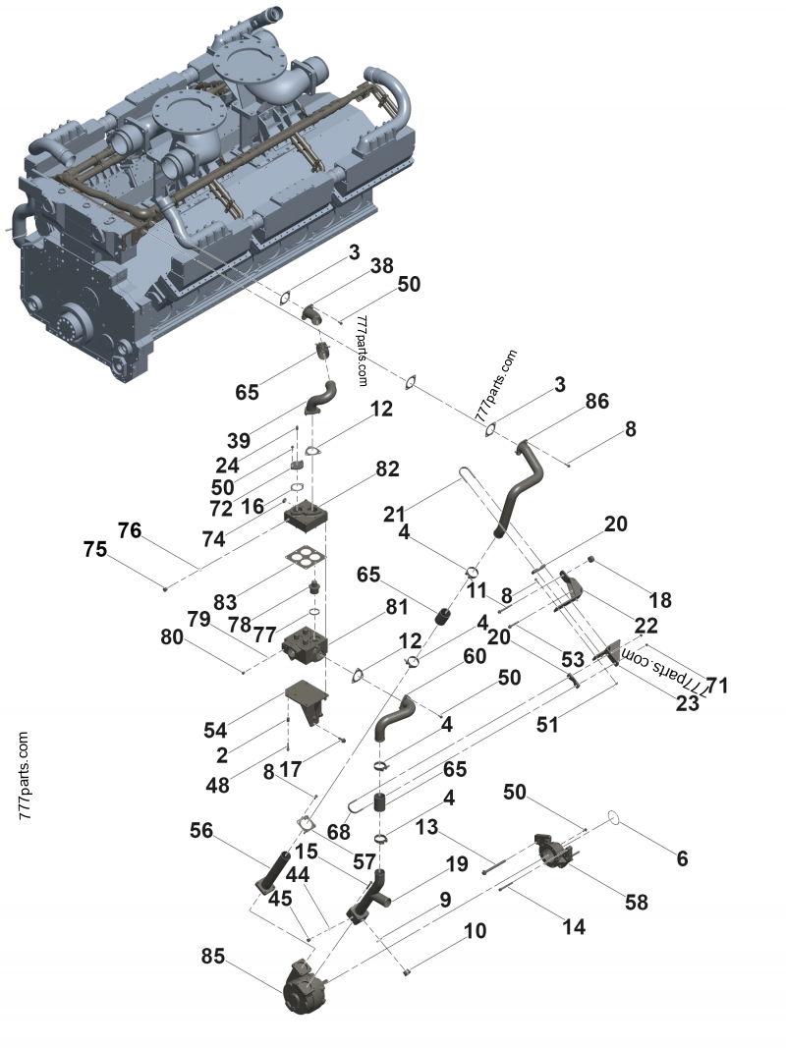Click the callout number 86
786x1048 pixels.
(596, 401)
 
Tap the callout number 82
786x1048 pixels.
(387, 469)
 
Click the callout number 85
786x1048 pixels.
(213, 955)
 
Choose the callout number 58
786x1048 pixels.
(637, 902)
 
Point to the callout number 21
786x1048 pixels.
(394, 515)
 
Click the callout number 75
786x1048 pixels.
(95, 550)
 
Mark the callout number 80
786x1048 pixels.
(172, 636)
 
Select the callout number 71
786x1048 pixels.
(717, 685)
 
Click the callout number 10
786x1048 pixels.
(476, 930)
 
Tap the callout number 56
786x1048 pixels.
(201, 830)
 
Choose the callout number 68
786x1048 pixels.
(339, 831)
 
